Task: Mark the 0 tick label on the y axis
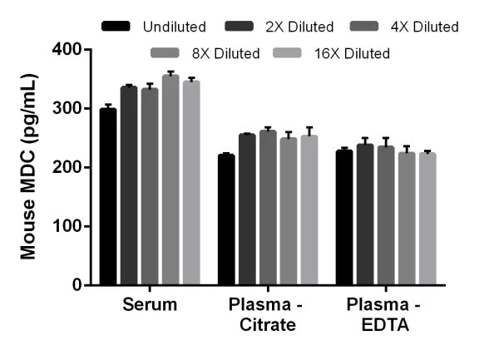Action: (x=76, y=285)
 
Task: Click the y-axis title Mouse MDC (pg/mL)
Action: (x=27, y=166)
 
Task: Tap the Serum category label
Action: (x=150, y=305)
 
